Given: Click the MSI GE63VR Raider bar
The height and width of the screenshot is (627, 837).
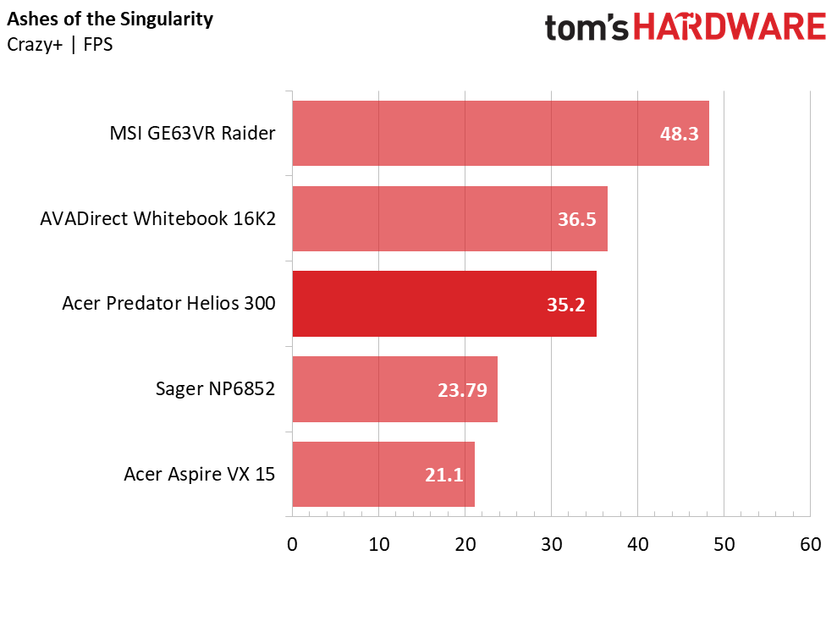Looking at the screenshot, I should coord(500,133).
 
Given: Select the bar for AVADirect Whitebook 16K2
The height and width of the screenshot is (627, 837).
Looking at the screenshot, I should coord(449,218).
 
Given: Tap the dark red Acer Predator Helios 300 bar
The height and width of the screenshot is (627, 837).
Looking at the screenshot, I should coord(444,304).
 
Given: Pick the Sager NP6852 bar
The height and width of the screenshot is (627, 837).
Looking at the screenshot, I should coord(394,389).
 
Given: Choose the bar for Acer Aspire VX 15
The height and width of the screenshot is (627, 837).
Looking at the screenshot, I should coord(383,475).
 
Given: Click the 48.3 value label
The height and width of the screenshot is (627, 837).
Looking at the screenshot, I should coord(679,134).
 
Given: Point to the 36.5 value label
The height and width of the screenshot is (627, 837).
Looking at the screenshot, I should coord(577,219).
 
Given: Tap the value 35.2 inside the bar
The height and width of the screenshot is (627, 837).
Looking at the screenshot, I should coord(566,305).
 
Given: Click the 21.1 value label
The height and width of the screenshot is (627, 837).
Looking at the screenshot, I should coord(443,476).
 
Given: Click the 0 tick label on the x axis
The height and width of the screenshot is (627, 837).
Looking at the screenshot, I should coord(292,545).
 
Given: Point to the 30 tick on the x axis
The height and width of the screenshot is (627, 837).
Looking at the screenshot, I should coord(551,545).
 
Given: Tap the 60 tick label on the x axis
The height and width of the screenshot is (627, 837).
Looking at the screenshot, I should coord(810,545).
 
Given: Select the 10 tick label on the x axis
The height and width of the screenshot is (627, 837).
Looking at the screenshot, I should coord(379,545).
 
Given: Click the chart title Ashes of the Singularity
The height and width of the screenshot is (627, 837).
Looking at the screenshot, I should coord(110,19).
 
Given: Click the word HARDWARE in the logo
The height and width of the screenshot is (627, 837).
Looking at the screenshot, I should coord(730,27).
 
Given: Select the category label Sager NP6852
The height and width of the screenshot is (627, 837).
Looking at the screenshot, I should coord(215,389).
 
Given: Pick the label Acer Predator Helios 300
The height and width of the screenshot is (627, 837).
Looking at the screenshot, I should coord(168,304).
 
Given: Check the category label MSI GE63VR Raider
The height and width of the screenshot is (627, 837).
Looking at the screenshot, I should coord(192,134).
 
